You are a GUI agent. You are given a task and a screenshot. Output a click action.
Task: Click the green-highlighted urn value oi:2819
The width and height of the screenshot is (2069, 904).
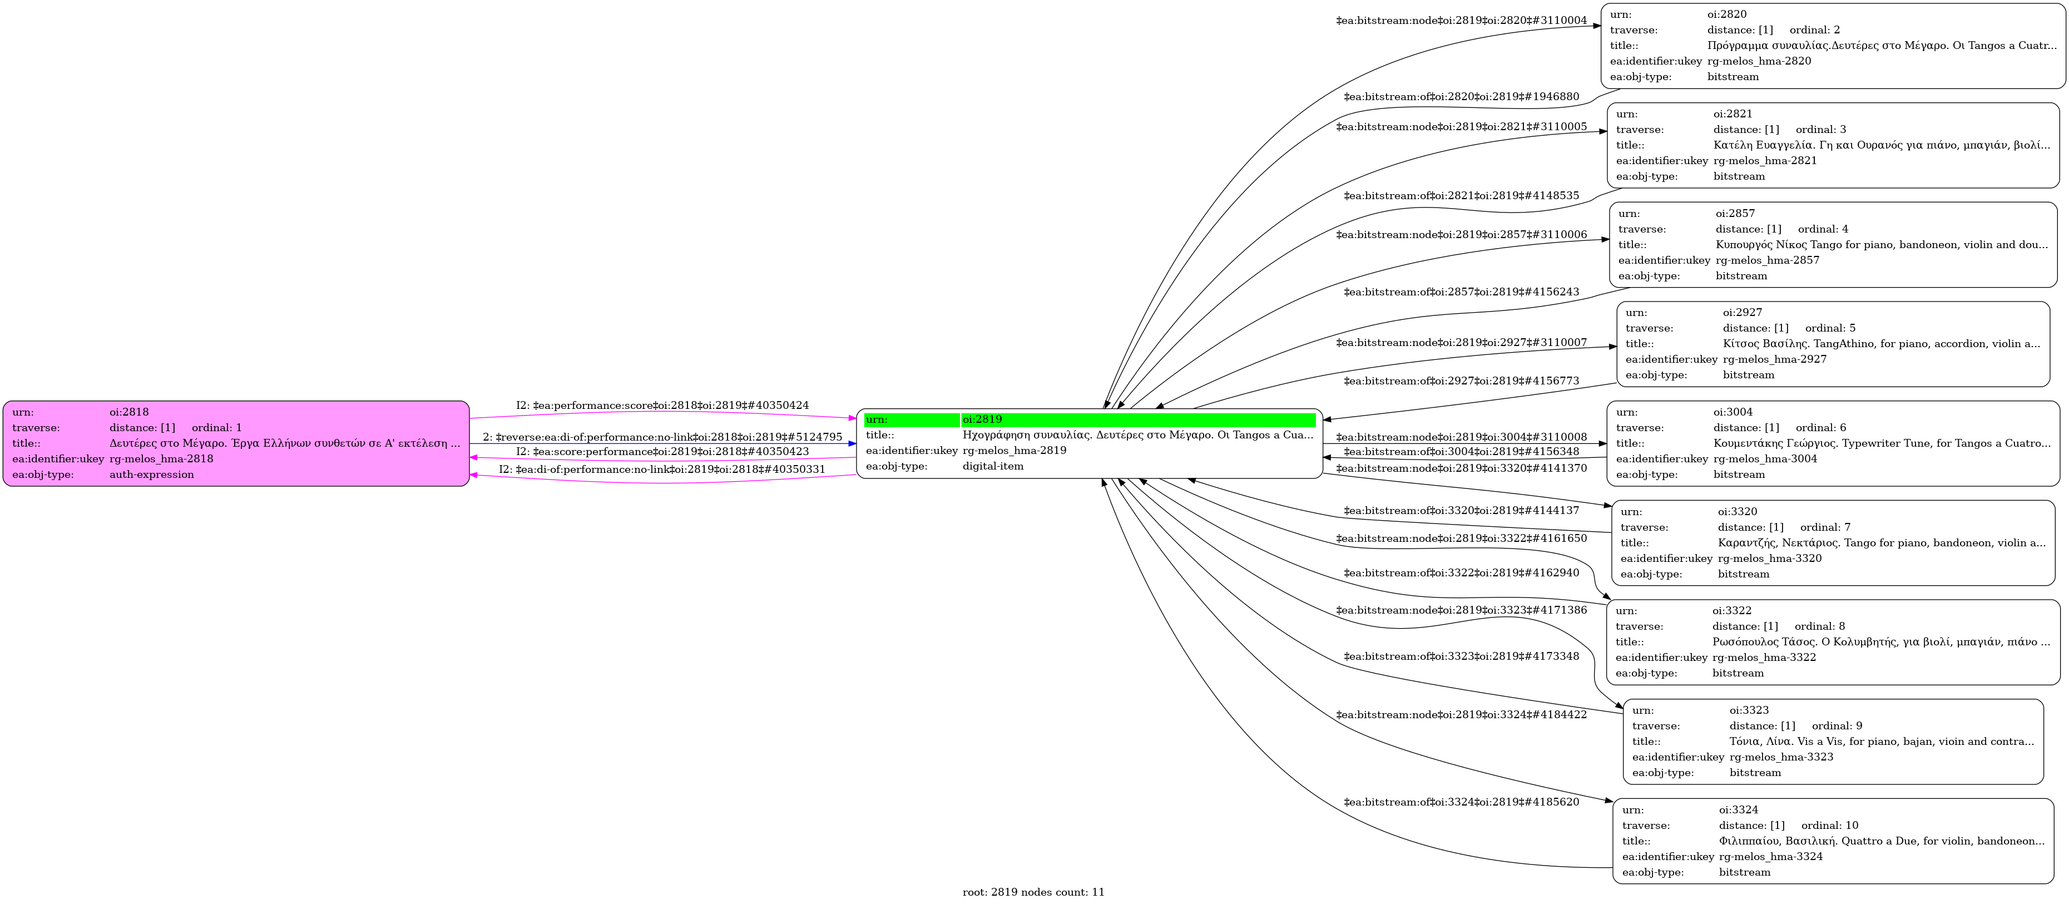(982, 419)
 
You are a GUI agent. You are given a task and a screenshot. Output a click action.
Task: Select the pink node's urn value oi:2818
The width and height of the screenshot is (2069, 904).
(129, 412)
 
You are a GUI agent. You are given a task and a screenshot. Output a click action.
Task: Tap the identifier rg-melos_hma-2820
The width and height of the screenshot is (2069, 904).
(1759, 61)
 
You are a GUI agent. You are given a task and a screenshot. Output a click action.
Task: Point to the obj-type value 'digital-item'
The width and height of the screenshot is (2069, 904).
(993, 466)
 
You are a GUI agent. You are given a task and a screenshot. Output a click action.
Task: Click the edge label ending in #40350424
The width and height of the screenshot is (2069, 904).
(662, 406)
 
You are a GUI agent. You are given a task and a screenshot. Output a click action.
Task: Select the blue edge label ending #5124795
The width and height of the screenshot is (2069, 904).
(662, 437)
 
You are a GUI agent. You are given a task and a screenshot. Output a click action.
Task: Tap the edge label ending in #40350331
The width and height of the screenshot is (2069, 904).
(662, 470)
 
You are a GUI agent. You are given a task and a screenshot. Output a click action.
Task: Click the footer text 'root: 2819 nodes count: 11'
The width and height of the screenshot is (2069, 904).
(1033, 892)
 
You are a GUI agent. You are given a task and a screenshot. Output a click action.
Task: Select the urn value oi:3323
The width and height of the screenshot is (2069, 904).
(1749, 710)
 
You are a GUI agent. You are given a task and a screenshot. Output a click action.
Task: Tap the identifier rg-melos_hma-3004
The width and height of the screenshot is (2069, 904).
(1765, 459)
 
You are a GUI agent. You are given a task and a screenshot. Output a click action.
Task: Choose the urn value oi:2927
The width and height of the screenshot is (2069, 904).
(1742, 313)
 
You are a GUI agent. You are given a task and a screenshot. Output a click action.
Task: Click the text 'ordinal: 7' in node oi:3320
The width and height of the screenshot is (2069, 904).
(1825, 527)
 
